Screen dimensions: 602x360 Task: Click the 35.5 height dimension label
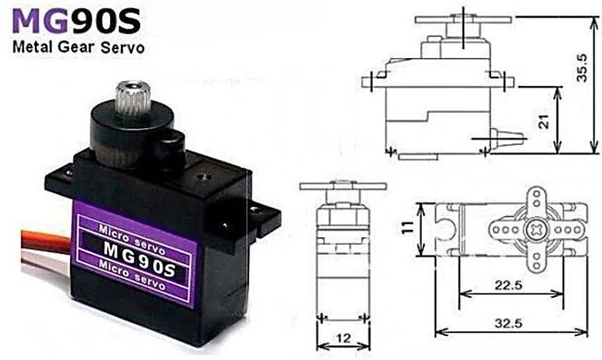582,68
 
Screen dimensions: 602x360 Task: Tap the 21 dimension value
544,122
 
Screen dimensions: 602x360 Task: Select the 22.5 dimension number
509,285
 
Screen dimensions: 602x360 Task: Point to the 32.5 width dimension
509,323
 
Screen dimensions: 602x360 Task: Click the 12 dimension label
343,338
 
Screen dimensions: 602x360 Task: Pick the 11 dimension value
408,227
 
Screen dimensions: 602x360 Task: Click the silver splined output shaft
133,98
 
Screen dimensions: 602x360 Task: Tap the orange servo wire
45,239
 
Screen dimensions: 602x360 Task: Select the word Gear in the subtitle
76,47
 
